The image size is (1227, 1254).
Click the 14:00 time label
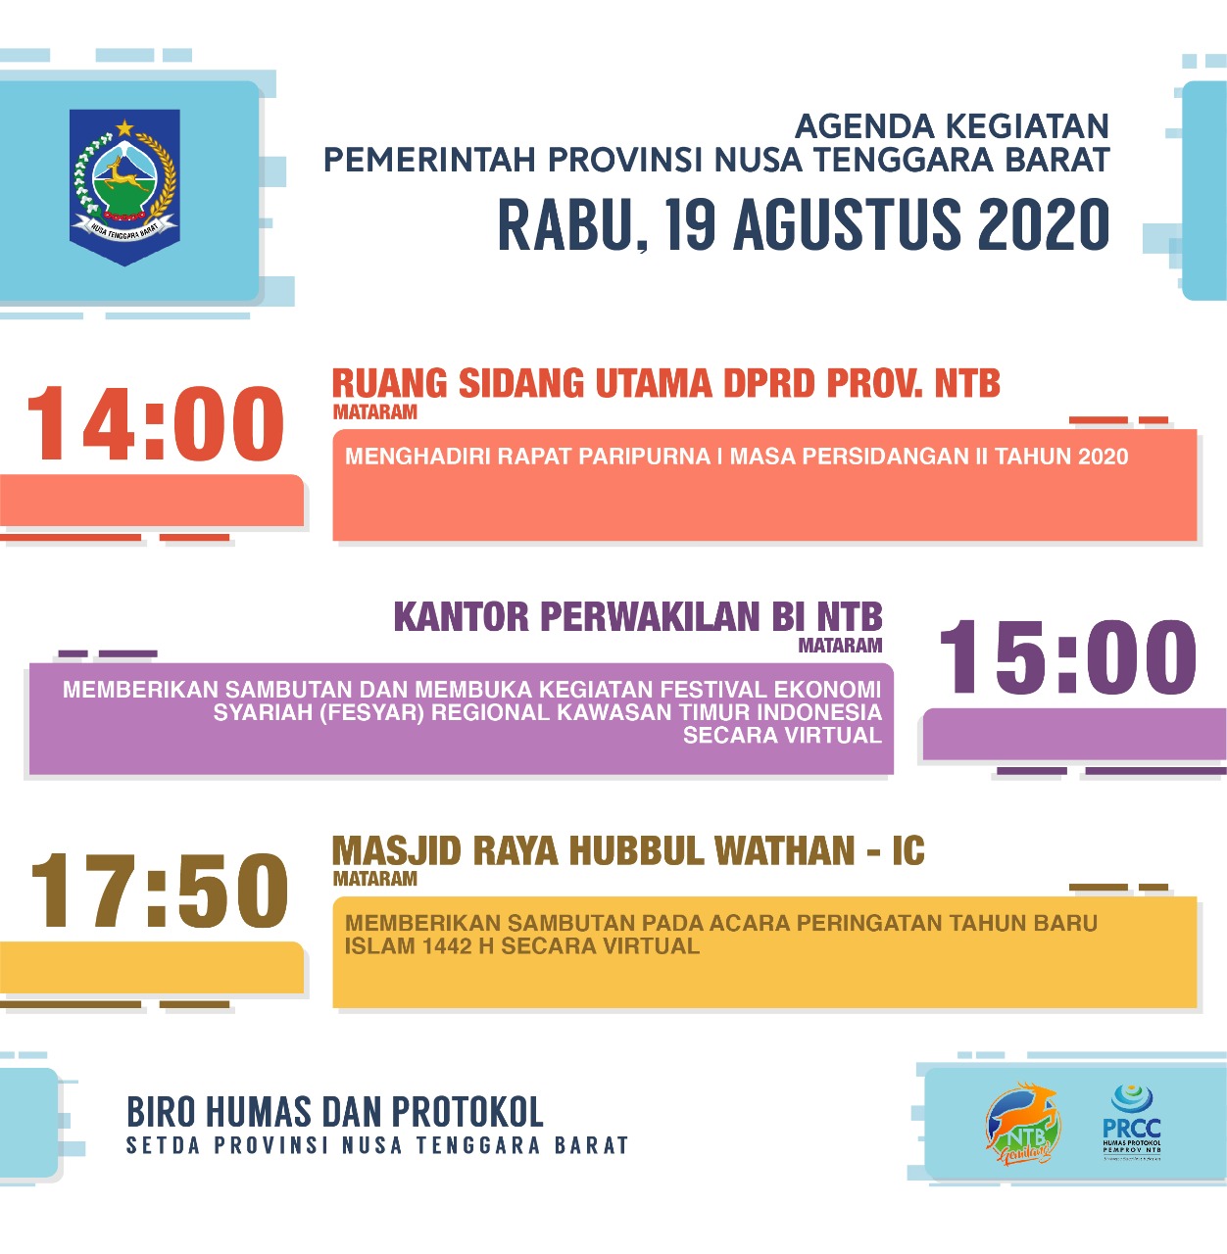155,424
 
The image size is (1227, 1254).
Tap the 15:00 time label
1067,657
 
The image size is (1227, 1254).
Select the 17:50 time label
159,892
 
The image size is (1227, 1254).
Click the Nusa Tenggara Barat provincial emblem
124,186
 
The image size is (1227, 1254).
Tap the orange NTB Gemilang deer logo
1022,1125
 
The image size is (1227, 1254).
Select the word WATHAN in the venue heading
783,851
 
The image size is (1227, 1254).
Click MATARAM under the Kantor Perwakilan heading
840,646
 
